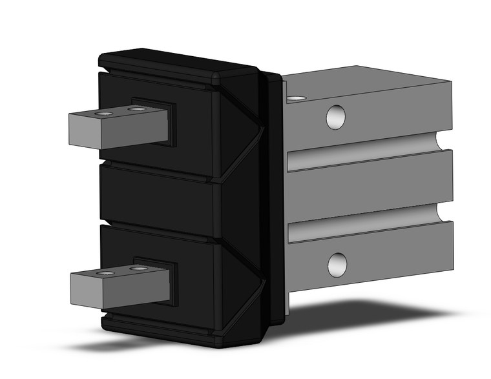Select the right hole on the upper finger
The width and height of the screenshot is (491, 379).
pyautogui.click(x=136, y=110)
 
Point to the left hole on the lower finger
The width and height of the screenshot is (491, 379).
pyautogui.click(x=105, y=273)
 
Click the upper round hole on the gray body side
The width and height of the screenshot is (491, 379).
pyautogui.click(x=335, y=117)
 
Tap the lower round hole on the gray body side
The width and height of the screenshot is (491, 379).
pyautogui.click(x=337, y=265)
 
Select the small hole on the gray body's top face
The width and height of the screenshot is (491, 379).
pyautogui.click(x=296, y=99)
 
